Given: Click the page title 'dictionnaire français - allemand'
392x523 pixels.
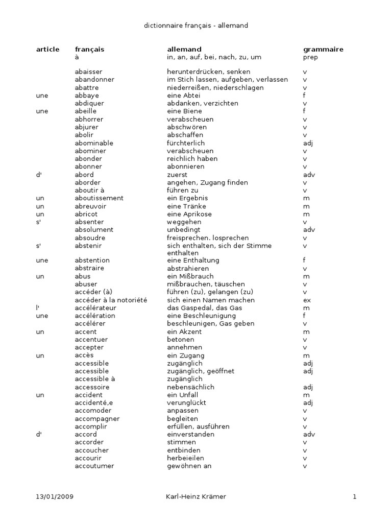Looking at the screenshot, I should [x=196, y=25].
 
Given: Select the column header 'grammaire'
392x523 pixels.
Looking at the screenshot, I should [x=323, y=50].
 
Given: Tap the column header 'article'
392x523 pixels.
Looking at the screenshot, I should [x=48, y=50].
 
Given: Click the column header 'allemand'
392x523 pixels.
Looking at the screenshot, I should [x=184, y=50].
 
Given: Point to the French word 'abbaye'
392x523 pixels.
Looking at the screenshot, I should [x=87, y=96].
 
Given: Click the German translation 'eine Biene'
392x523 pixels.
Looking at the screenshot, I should [x=184, y=111].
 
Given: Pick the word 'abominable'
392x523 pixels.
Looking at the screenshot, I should [x=94, y=143].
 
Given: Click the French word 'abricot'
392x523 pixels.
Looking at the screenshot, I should [x=86, y=214].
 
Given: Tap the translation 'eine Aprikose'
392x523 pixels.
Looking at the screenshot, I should [x=189, y=214].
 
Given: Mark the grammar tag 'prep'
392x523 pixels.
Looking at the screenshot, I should [x=310, y=58].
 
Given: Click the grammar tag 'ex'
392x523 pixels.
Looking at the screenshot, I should [x=307, y=300].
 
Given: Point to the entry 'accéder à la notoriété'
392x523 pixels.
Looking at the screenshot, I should [x=111, y=300].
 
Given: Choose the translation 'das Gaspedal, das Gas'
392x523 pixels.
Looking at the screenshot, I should [x=204, y=308].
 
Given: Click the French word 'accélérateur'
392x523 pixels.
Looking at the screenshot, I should [x=95, y=308].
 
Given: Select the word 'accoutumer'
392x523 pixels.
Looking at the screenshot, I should [x=94, y=466].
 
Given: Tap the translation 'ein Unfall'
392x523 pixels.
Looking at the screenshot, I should [x=182, y=395].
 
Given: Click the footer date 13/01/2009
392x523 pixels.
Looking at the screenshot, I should [x=55, y=496].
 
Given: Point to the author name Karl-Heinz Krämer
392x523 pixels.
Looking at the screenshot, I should [x=196, y=496].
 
